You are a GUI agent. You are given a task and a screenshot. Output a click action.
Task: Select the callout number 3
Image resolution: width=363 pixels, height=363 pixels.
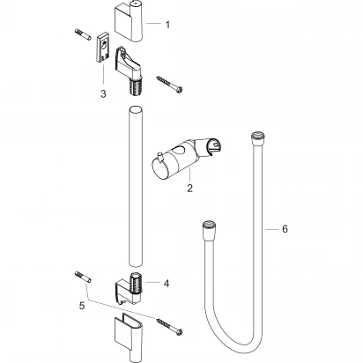pyautogui.click(x=105, y=91)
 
